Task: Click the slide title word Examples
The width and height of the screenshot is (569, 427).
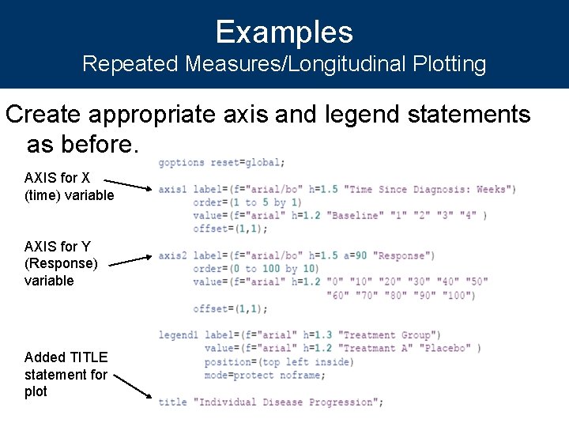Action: pyautogui.click(x=284, y=32)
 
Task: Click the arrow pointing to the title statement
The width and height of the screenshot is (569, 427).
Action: pyautogui.click(x=130, y=385)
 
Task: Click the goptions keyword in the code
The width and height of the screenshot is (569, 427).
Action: pyautogui.click(x=181, y=163)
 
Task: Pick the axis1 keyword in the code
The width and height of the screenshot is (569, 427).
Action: pyautogui.click(x=172, y=189)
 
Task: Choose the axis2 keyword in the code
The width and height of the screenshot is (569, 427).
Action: pyautogui.click(x=172, y=255)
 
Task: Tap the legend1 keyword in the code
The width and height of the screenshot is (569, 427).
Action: pyautogui.click(x=175, y=335)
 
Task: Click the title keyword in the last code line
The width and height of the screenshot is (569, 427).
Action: pyautogui.click(x=172, y=402)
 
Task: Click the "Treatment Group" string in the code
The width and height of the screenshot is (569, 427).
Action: pyautogui.click(x=390, y=335)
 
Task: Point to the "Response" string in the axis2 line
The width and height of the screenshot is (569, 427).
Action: pyautogui.click(x=403, y=255)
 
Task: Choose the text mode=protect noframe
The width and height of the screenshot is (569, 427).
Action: pyautogui.click(x=258, y=376)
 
